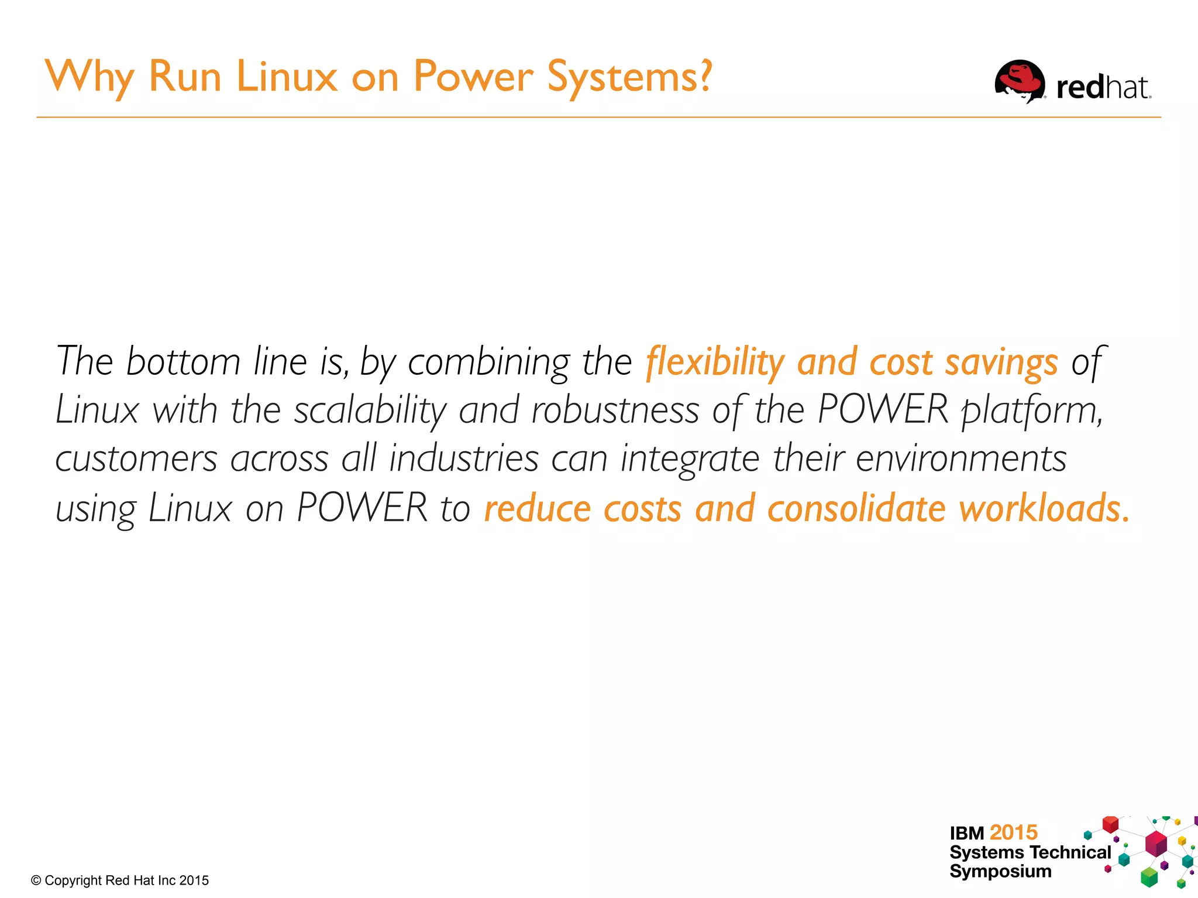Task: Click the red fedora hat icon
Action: point(1020,81)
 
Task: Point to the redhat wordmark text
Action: point(1103,88)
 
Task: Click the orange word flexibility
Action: point(714,362)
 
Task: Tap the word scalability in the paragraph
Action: point(370,410)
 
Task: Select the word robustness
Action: point(615,410)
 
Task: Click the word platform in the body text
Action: point(1032,410)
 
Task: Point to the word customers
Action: point(136,459)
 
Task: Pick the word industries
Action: point(464,459)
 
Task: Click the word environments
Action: point(961,459)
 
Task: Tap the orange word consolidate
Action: point(856,508)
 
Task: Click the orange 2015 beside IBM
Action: point(1014,832)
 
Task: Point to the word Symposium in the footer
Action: point(1000,872)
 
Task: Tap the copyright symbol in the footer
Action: point(36,880)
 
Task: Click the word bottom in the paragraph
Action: point(183,362)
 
